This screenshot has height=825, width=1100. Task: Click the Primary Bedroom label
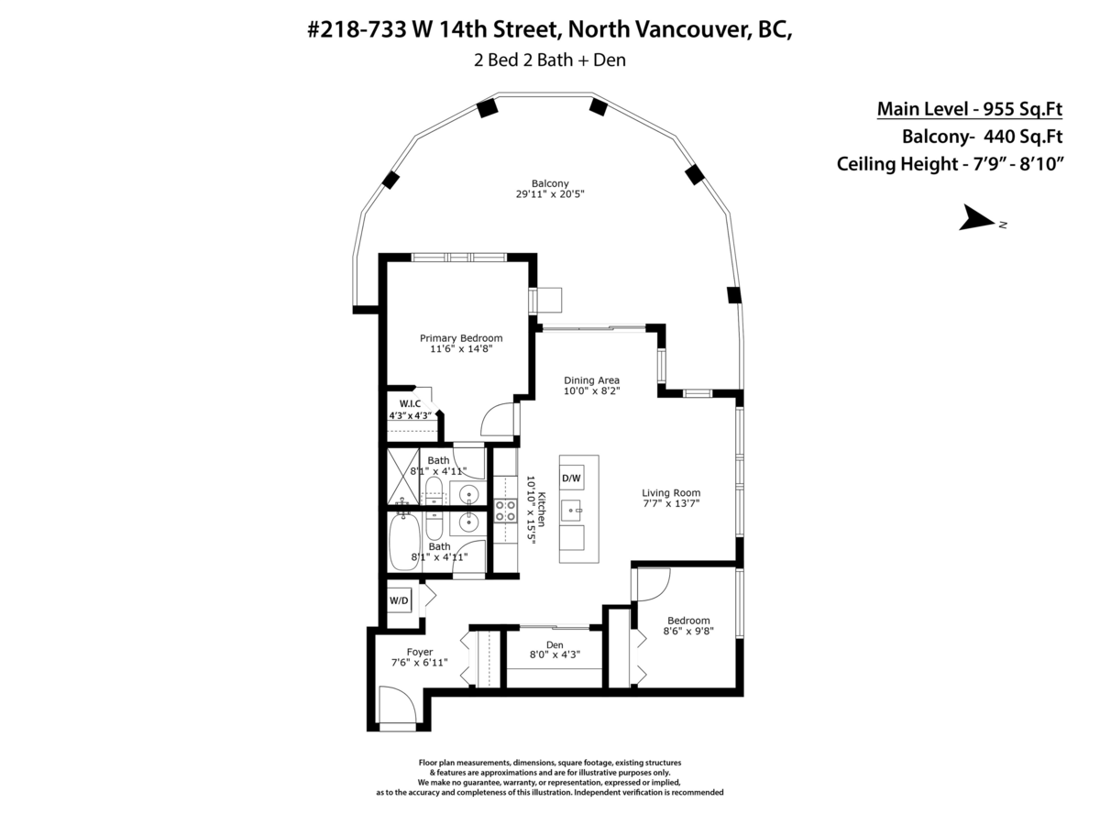(x=461, y=337)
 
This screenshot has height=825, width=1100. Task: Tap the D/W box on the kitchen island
(x=571, y=478)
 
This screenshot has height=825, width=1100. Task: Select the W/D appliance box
(x=399, y=600)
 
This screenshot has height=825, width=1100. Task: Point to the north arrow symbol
(x=978, y=220)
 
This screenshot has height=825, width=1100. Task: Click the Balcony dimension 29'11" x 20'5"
(x=550, y=193)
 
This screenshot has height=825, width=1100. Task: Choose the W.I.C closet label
(x=410, y=403)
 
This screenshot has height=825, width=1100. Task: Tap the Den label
(x=554, y=643)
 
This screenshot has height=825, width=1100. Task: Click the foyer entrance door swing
(x=400, y=706)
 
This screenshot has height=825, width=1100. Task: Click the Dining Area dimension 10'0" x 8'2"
(x=591, y=391)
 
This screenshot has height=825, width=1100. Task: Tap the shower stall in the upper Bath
(x=402, y=476)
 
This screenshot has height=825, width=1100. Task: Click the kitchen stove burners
(x=504, y=509)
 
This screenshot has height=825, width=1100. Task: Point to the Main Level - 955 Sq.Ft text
(x=970, y=109)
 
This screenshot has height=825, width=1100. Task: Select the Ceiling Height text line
(x=950, y=164)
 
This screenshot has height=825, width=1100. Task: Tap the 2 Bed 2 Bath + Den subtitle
(x=550, y=60)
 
